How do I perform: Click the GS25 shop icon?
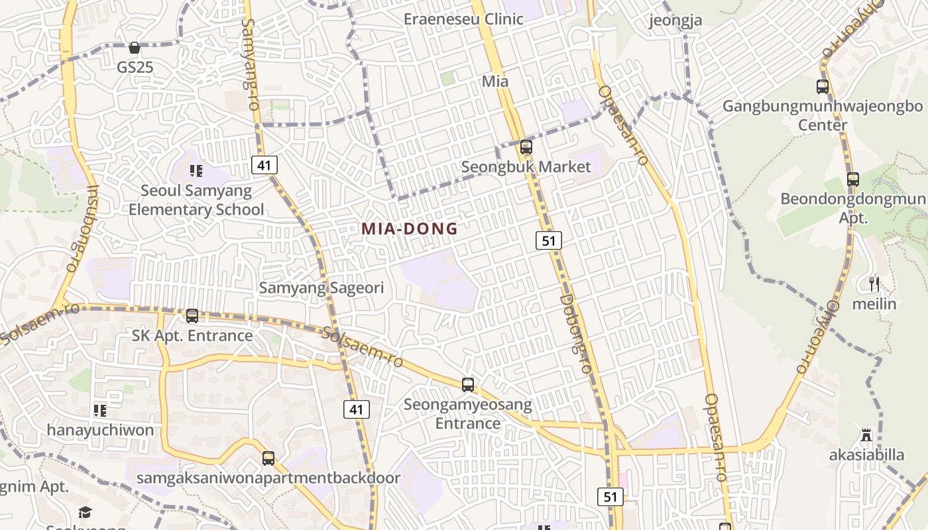click(x=135, y=48)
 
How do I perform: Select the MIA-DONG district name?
click(x=410, y=229)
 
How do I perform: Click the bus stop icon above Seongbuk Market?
click(x=526, y=147)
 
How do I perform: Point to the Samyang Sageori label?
click(x=321, y=288)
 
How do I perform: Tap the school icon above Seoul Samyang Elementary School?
click(x=196, y=171)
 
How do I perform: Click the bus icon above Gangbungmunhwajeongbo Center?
click(x=823, y=86)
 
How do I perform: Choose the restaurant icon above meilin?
click(x=874, y=284)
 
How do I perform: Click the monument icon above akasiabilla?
click(x=866, y=435)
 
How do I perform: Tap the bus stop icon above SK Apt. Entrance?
click(x=192, y=316)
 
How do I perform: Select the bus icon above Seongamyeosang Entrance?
click(x=468, y=384)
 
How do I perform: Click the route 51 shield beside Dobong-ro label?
click(x=549, y=240)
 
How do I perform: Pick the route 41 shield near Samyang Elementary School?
click(x=264, y=165)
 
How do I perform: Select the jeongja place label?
click(x=675, y=21)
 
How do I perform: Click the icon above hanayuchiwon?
click(x=100, y=411)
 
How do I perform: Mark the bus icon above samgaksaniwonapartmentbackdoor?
click(x=268, y=458)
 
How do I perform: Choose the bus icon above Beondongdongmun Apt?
click(x=853, y=179)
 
